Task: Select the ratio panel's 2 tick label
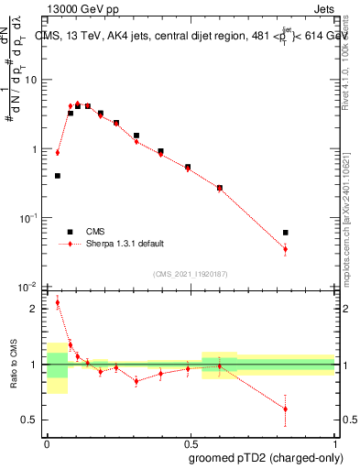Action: pyautogui.click(x=38, y=309)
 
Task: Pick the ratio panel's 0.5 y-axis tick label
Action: pyautogui.click(x=34, y=420)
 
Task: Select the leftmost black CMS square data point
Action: pyautogui.click(x=58, y=176)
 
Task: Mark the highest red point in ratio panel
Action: pyautogui.click(x=58, y=302)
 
